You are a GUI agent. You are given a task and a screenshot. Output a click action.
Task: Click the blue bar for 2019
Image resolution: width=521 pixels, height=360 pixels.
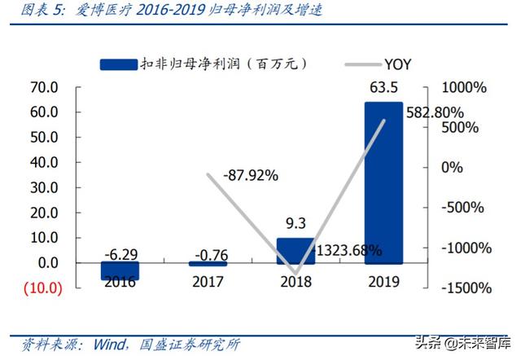pyautogui.click(x=383, y=182)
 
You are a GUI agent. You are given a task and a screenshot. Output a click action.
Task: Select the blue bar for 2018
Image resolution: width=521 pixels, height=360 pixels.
pyautogui.click(x=296, y=251)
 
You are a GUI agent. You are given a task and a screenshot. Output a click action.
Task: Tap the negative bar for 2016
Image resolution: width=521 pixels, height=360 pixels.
pyautogui.click(x=120, y=271)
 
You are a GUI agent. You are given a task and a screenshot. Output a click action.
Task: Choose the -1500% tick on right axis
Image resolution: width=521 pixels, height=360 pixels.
pyautogui.click(x=466, y=288)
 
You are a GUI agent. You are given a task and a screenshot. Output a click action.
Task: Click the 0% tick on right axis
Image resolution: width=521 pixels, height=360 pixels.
pyautogui.click(x=452, y=167)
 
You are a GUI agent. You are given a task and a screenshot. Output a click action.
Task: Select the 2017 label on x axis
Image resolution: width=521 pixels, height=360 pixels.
pyautogui.click(x=208, y=283)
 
